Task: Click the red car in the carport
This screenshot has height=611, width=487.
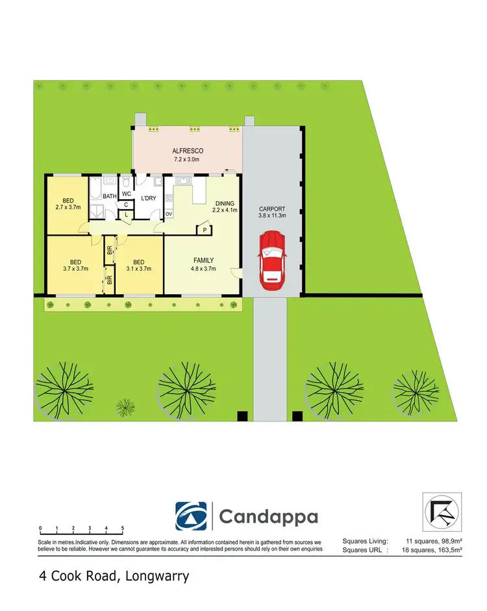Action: pos(272,260)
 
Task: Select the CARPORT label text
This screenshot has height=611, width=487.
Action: pos(271,209)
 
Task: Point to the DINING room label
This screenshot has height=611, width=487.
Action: pos(225,202)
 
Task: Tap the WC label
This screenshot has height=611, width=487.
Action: pos(127,193)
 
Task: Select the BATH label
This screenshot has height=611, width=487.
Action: pos(109,196)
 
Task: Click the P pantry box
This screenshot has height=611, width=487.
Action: pos(205,230)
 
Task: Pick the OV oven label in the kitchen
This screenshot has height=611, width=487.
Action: pos(169,214)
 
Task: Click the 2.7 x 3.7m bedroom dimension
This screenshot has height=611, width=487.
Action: pos(67,208)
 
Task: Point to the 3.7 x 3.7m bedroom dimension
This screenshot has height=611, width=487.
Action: pos(75,268)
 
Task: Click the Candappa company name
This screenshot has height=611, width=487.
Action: pos(268,517)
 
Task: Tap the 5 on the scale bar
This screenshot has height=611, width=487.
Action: pos(123,528)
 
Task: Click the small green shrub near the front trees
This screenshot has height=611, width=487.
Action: pos(125,407)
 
